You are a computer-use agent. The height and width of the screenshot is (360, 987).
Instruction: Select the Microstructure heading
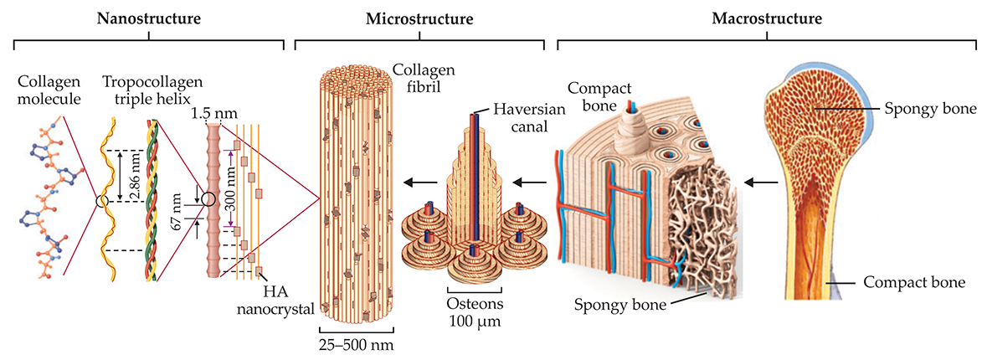coord(421,18)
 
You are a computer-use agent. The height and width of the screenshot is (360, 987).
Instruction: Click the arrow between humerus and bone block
coord(759,181)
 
